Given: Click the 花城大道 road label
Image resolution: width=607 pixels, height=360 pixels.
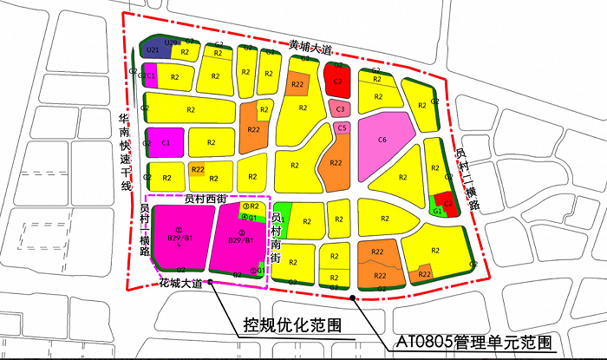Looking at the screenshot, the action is click(181, 284).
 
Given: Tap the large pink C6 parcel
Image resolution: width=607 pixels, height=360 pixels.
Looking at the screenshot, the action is click(382, 140).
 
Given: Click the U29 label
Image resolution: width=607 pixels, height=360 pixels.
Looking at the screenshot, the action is click(173, 43).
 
